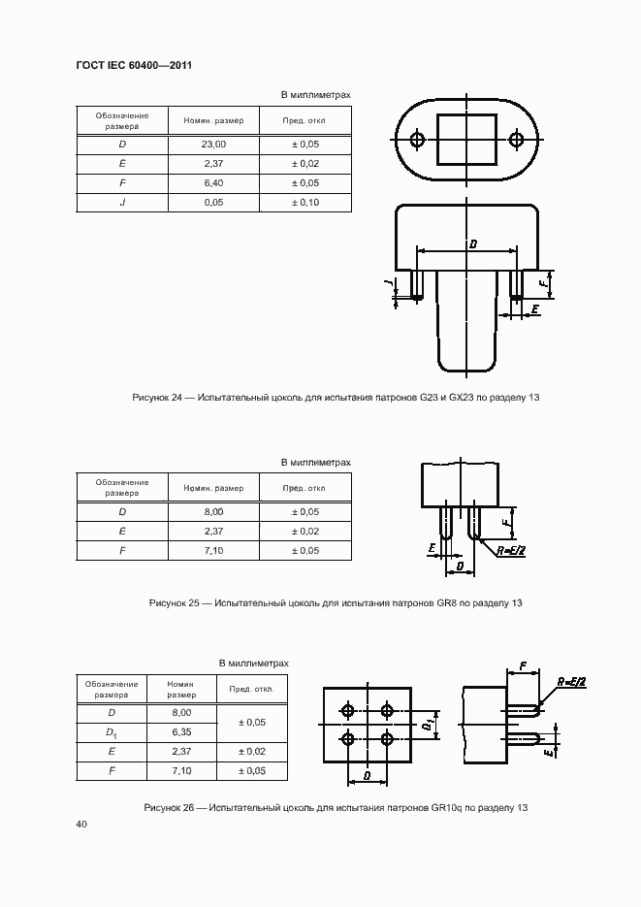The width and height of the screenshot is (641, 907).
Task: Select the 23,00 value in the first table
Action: click(x=213, y=145)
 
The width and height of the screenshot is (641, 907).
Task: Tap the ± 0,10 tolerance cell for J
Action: click(x=305, y=203)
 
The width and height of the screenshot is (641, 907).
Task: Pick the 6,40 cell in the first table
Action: click(x=213, y=183)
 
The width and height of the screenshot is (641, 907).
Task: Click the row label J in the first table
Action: click(x=122, y=203)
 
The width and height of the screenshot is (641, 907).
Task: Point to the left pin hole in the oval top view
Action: click(x=417, y=140)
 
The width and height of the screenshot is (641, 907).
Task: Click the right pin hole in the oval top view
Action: click(x=516, y=140)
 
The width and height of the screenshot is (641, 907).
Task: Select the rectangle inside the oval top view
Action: click(x=466, y=140)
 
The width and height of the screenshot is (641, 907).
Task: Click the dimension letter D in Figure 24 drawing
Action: click(x=471, y=243)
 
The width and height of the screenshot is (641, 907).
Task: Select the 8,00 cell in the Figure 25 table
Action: click(x=213, y=511)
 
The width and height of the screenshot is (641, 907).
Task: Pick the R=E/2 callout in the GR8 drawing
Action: click(x=511, y=550)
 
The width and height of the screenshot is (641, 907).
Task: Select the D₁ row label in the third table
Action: click(x=112, y=731)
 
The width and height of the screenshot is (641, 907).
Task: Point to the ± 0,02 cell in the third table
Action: click(x=251, y=751)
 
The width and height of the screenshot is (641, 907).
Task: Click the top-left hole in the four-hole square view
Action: click(x=348, y=711)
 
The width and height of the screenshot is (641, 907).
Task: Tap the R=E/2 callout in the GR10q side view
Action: click(x=572, y=683)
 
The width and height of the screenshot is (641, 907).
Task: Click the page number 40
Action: click(x=81, y=825)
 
